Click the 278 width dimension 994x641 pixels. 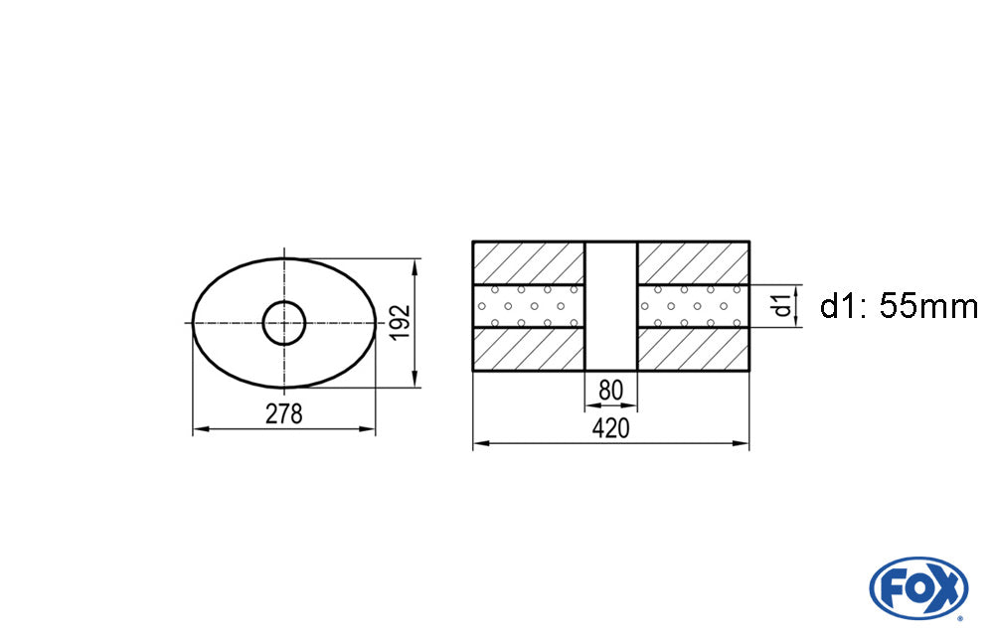tap(284, 414)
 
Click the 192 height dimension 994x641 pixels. tap(400, 323)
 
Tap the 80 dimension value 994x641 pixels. tap(610, 391)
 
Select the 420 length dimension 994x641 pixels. tap(610, 429)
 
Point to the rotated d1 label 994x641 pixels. tap(783, 305)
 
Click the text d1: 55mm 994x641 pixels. tap(899, 306)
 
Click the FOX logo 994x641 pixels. tap(918, 588)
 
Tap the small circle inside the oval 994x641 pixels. tap(284, 323)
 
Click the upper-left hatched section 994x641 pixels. tap(528, 262)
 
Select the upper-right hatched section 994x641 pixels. tap(693, 262)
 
